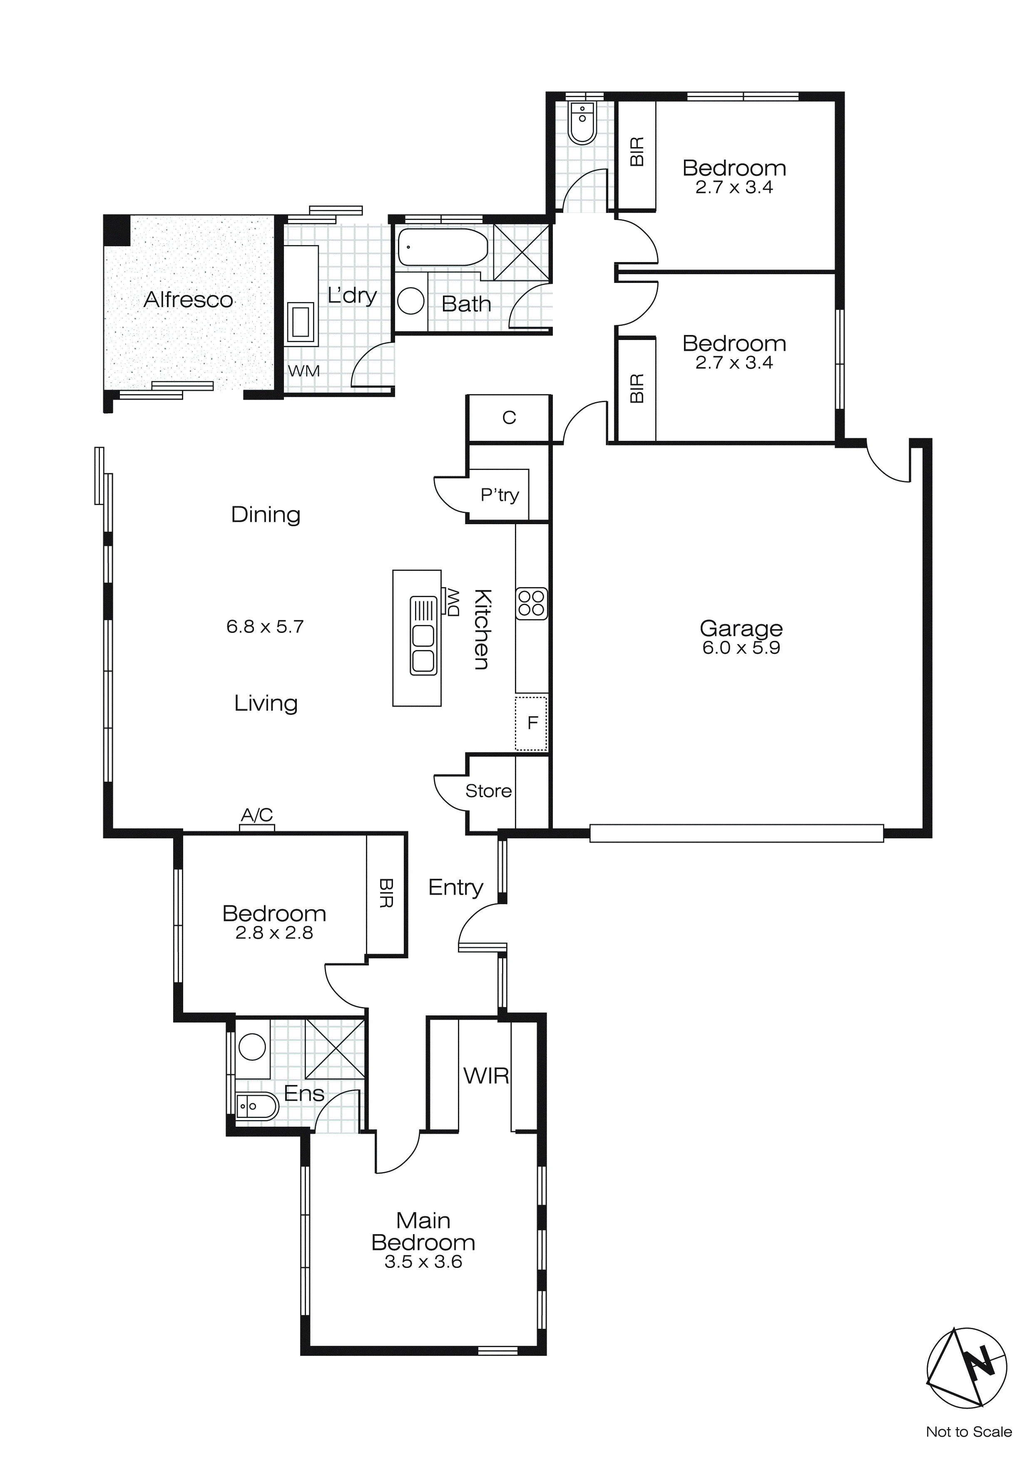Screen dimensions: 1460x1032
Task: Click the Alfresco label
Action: (188, 300)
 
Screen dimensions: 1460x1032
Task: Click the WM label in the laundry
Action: (304, 371)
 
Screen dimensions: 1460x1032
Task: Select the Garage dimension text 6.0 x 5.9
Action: (741, 647)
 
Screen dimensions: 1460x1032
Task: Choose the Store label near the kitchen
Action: (488, 791)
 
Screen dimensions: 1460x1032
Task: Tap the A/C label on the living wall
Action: (257, 815)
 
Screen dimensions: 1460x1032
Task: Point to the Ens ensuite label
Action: (304, 1093)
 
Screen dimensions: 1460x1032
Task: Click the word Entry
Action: (455, 887)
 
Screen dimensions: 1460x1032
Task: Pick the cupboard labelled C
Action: (509, 418)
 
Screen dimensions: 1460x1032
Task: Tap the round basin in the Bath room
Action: (410, 301)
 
